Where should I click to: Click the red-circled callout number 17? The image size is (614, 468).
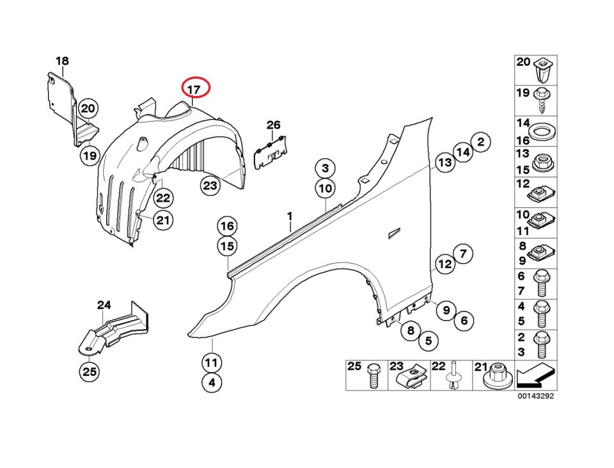[x=194, y=88]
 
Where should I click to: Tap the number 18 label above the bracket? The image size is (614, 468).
[x=62, y=61]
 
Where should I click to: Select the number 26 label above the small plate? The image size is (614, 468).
[x=274, y=125]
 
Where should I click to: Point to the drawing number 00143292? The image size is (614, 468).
[x=535, y=396]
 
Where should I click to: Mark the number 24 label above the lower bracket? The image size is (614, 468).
[x=104, y=305]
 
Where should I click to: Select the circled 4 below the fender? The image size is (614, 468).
[x=212, y=384]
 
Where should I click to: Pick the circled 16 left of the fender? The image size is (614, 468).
[x=227, y=226]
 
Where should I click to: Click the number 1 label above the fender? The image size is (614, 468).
[x=289, y=217]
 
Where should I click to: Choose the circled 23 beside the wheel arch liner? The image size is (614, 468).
[x=210, y=186]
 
